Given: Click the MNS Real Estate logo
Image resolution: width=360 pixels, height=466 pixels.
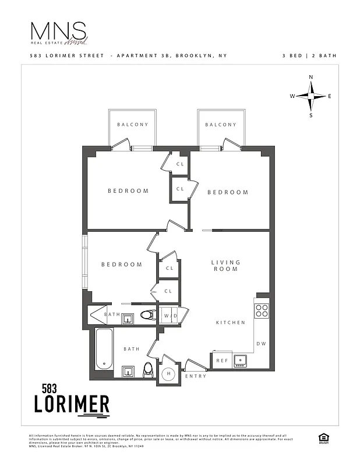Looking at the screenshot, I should pos(59,34).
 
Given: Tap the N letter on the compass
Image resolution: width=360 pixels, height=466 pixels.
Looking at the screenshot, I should pos(311,77).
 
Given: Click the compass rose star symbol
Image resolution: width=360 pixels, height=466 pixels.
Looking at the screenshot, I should pos(311,96).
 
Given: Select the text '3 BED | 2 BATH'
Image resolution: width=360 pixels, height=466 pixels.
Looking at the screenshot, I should pos(309,56).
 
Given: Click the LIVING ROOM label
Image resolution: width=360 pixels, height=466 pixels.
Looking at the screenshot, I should pos(225,266).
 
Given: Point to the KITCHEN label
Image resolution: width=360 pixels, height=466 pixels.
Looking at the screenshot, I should pos(231,323).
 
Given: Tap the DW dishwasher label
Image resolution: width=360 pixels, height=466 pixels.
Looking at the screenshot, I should pos(262,344).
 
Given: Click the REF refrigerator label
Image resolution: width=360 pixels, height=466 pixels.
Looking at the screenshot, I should pos(222,361).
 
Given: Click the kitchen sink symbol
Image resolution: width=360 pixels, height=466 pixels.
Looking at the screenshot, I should pos(240,361).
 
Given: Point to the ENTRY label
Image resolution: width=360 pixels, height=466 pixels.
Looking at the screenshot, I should pos(195,376).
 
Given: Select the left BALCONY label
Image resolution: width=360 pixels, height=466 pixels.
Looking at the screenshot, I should pos(133,125).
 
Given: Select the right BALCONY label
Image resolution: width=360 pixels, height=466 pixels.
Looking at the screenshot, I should pos(221,125).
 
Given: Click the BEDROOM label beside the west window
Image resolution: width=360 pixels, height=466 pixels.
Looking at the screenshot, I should pos(122,264).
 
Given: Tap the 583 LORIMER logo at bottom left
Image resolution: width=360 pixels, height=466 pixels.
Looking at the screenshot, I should pos(71,399).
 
